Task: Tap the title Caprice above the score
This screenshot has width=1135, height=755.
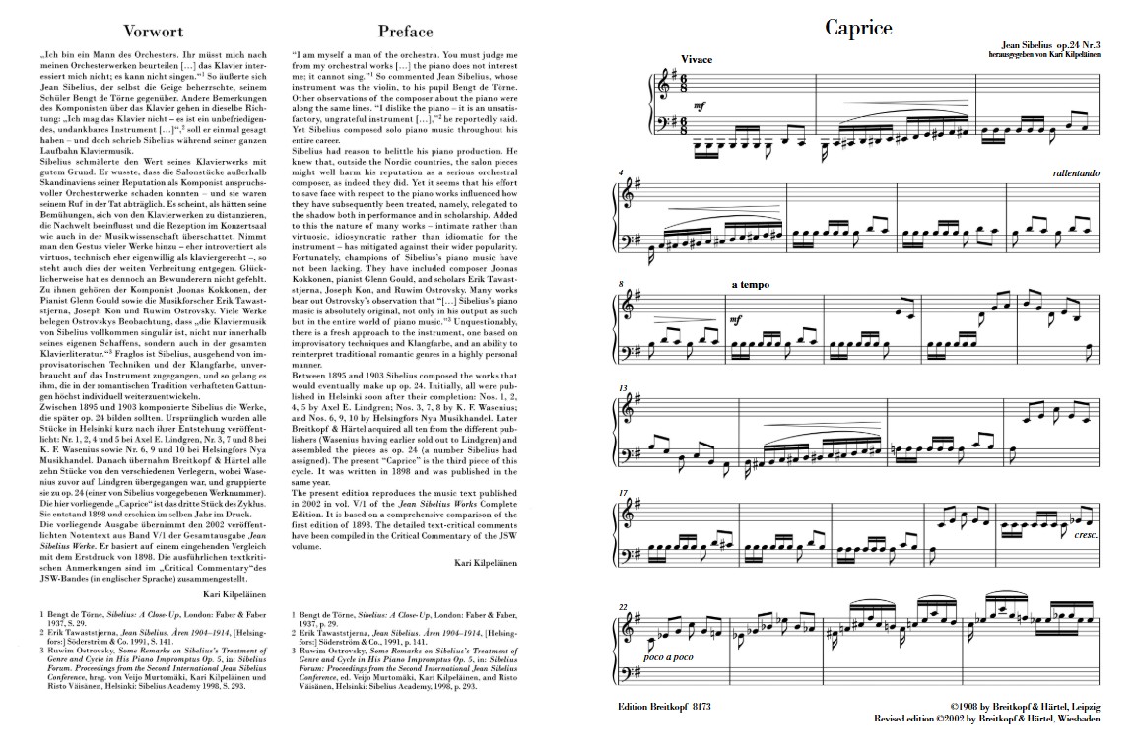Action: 858,28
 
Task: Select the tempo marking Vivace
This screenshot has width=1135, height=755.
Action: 697,60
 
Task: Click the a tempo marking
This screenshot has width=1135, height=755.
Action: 749,286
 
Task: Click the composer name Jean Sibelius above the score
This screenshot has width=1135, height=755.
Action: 1026,45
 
